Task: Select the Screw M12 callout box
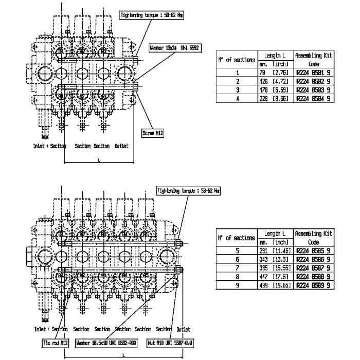pos(152,133)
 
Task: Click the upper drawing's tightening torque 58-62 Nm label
pos(151,15)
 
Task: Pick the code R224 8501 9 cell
pos(313,73)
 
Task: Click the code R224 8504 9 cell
pos(313,98)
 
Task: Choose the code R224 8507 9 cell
pos(313,268)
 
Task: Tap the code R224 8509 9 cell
pos(313,284)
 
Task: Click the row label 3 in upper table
pos(238,89)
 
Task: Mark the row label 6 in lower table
pos(238,260)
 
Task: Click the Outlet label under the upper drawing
pos(121,146)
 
